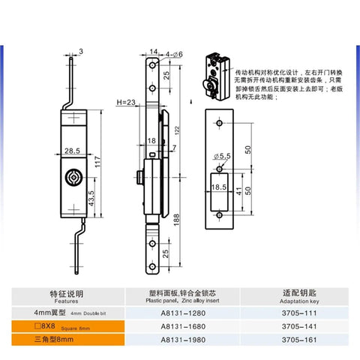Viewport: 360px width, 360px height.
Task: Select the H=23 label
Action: (127, 102)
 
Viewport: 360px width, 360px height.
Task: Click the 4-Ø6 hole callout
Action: (174, 52)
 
